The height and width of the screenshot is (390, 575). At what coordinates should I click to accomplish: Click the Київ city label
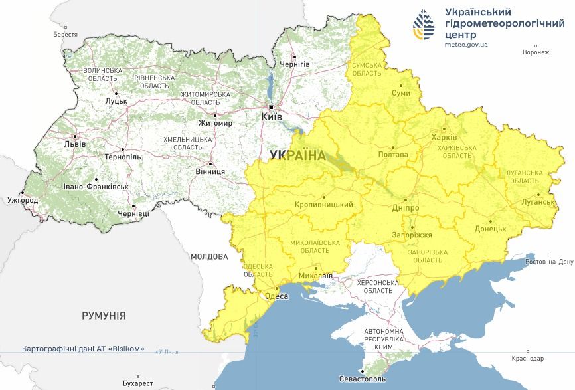pyautogui.click(x=272, y=116)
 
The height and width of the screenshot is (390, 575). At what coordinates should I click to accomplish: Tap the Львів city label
pyautogui.click(x=74, y=144)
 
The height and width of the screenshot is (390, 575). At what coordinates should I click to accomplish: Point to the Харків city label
pyautogui.click(x=444, y=137)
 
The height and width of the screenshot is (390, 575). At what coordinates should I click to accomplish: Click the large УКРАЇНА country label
pyautogui.click(x=298, y=156)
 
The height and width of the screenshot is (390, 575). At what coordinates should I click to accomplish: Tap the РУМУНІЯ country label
pyautogui.click(x=104, y=315)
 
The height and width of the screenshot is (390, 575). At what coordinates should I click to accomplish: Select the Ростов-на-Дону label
pyautogui.click(x=548, y=262)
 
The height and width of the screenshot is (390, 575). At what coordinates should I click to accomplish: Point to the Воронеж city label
pyautogui.click(x=536, y=52)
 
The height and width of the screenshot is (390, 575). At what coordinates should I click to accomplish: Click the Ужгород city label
pyautogui.click(x=23, y=199)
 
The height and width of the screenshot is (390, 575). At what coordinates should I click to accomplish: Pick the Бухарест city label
pyautogui.click(x=138, y=383)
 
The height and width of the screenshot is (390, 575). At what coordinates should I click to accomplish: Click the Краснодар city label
pyautogui.click(x=529, y=358)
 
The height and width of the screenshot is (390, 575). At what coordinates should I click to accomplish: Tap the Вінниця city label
pyautogui.click(x=210, y=171)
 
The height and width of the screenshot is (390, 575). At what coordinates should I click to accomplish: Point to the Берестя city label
pyautogui.click(x=66, y=34)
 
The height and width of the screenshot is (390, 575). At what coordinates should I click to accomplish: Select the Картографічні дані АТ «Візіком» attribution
pyautogui.click(x=83, y=349)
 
